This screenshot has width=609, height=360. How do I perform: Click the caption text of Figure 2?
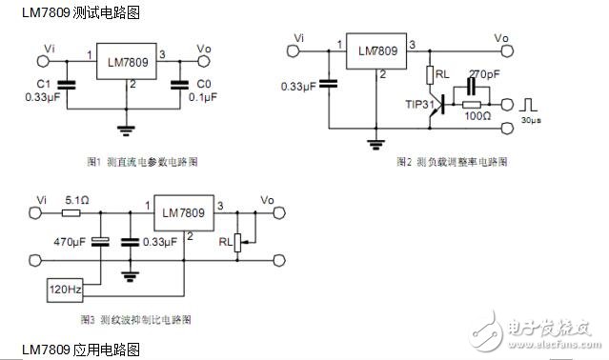pyautogui.click(x=452, y=163)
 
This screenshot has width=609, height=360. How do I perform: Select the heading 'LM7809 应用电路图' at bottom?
pyautogui.click(x=71, y=350)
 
